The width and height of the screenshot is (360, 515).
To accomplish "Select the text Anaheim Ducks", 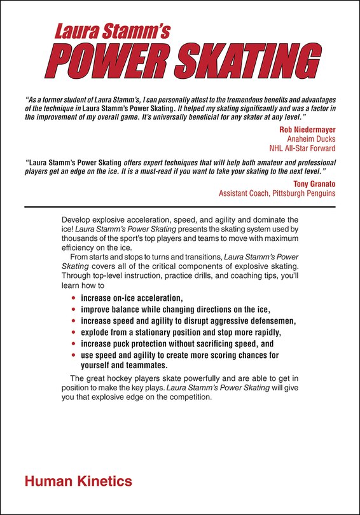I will coord(311,139).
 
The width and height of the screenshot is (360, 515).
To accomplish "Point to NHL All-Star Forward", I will coord(303,149).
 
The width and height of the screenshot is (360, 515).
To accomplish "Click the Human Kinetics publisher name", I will coord(78,481).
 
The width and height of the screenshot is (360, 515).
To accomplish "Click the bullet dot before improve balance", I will coord(74,310).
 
